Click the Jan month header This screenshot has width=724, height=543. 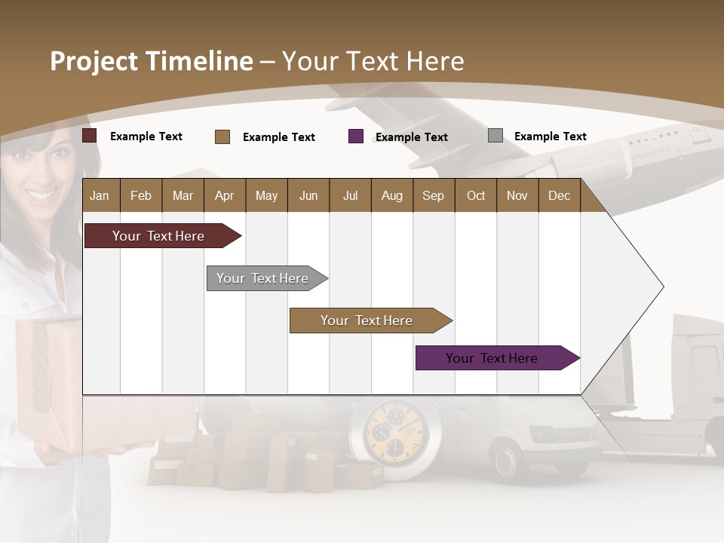click(100, 195)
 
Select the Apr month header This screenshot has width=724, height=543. click(224, 195)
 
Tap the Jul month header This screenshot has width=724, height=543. click(350, 195)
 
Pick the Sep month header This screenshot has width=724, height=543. click(433, 195)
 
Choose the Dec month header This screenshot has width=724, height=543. click(559, 195)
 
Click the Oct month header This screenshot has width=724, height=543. click(476, 195)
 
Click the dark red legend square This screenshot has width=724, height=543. click(90, 136)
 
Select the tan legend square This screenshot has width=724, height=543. click(222, 137)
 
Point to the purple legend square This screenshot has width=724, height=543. click(356, 137)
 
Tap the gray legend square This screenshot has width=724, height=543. click(495, 136)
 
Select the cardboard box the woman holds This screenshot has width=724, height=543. click(45, 377)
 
